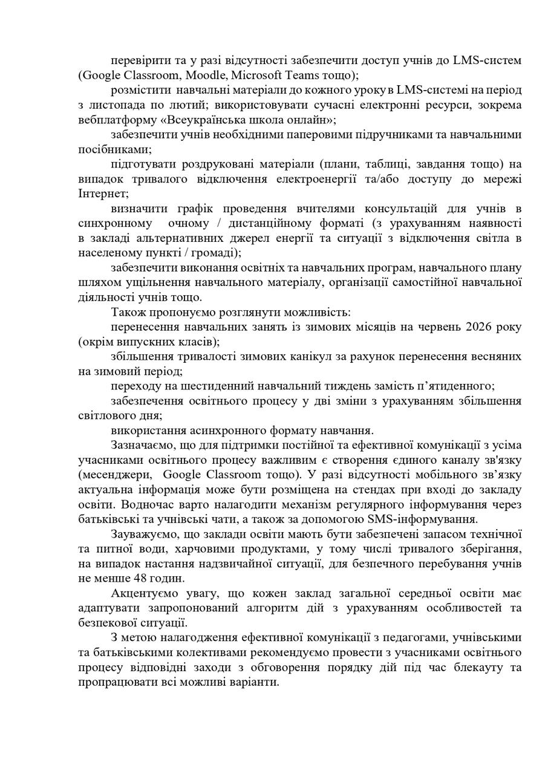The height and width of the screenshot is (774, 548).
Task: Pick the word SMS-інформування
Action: click(x=432, y=519)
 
